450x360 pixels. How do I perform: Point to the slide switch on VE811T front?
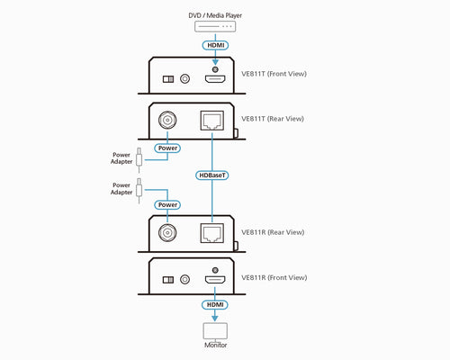[x=167, y=78]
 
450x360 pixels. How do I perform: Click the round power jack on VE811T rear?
[x=167, y=121]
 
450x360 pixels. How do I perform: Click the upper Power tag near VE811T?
[x=167, y=147]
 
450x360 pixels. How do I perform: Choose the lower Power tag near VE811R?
[x=167, y=204]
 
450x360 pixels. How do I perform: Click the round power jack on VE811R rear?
[x=167, y=233]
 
